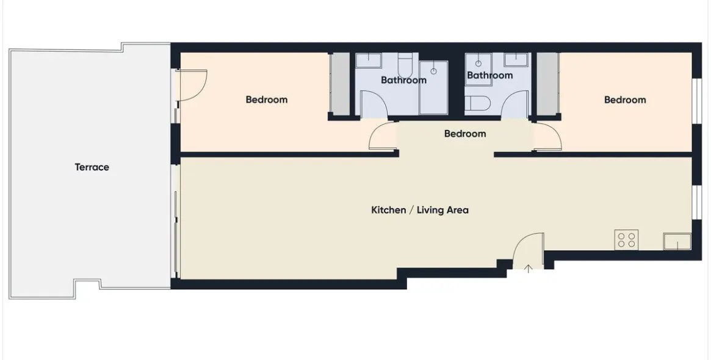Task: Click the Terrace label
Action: pyautogui.click(x=92, y=167)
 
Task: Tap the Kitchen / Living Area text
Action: pyautogui.click(x=420, y=210)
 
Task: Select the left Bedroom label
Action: pyautogui.click(x=266, y=99)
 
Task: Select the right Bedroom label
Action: pyautogui.click(x=624, y=99)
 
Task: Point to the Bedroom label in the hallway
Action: pyautogui.click(x=464, y=134)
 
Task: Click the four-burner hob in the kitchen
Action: pyautogui.click(x=626, y=240)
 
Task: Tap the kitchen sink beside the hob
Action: pyautogui.click(x=677, y=242)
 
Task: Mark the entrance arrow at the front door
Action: pyautogui.click(x=528, y=268)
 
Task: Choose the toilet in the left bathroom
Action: pyautogui.click(x=405, y=64)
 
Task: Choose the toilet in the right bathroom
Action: pyautogui.click(x=476, y=104)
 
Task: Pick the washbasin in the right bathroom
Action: pyautogui.click(x=516, y=59)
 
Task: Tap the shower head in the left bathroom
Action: pyautogui.click(x=433, y=71)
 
